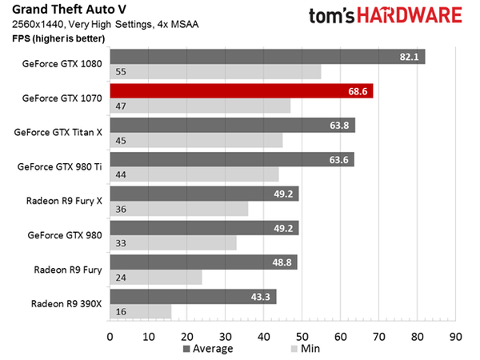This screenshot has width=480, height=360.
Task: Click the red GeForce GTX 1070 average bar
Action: click(x=240, y=91)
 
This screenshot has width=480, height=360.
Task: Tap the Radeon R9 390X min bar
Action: click(x=141, y=311)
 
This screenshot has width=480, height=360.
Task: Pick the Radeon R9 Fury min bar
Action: click(x=156, y=277)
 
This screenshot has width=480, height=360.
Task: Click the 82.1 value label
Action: click(x=410, y=57)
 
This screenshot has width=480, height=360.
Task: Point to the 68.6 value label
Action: click(x=358, y=91)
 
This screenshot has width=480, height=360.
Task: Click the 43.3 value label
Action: click(x=261, y=297)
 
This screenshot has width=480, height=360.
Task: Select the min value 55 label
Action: click(x=122, y=71)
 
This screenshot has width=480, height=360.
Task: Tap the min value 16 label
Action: click(x=122, y=311)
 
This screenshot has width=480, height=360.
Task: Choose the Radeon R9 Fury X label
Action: click(x=63, y=201)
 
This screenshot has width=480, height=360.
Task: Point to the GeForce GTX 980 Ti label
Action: click(x=60, y=166)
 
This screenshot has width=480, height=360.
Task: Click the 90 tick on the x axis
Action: click(x=455, y=336)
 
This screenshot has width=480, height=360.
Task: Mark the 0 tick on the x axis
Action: click(x=110, y=336)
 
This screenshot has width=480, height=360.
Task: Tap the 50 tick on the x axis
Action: click(x=302, y=336)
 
